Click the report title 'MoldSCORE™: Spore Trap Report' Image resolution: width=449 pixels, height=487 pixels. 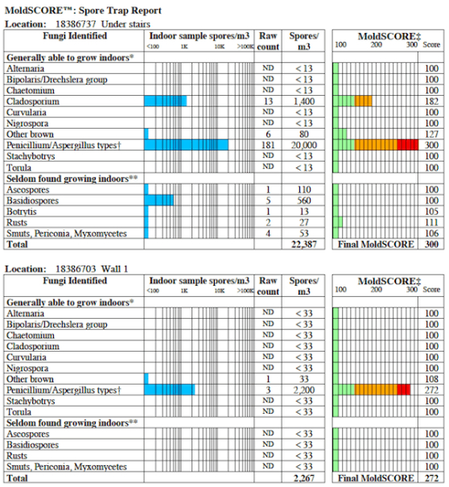(83, 10)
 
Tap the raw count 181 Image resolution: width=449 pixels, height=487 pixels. (268, 145)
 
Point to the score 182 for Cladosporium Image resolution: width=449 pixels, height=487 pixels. (432, 101)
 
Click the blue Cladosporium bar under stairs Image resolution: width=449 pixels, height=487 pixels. (165, 101)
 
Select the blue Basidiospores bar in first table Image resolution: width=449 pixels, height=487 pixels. (159, 200)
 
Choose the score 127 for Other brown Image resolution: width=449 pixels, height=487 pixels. (432, 134)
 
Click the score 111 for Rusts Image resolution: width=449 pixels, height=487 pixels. (432, 222)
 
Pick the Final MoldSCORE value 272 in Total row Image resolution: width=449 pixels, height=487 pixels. (432, 478)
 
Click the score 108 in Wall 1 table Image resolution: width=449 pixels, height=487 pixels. (432, 378)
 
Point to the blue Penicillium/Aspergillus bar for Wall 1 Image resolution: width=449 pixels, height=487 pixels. (169, 390)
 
